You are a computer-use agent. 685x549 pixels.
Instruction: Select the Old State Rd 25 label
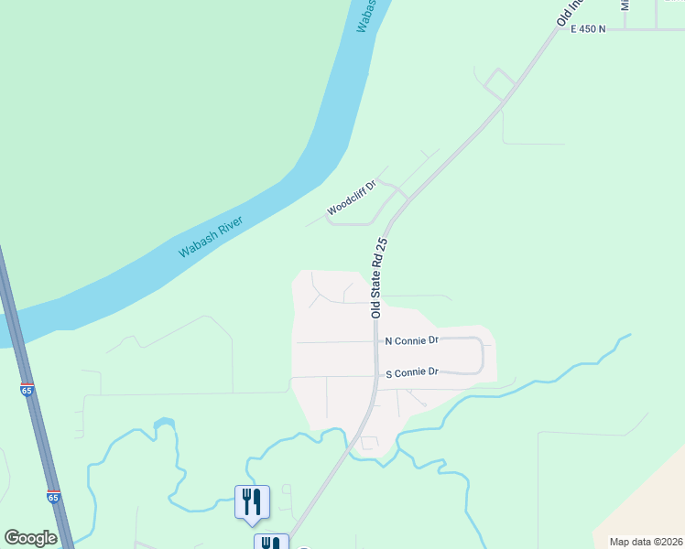[381, 278]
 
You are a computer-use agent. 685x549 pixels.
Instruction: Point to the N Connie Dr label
[412, 340]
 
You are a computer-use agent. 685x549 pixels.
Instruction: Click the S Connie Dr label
[412, 372]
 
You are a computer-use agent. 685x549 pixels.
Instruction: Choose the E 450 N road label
[588, 29]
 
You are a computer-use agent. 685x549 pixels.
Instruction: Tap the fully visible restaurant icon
[252, 502]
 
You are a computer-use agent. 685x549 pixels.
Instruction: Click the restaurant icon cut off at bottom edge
[271, 542]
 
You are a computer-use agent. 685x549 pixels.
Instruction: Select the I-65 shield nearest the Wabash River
[27, 390]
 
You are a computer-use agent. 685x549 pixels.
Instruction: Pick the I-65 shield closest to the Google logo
[53, 497]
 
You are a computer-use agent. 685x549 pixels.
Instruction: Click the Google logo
[30, 538]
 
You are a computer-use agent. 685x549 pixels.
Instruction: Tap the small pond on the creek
[164, 424]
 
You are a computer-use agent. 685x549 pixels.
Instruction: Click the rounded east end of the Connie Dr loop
[481, 355]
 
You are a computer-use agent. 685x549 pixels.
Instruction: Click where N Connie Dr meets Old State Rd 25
[376, 341]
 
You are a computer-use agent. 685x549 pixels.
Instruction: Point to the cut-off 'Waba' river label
[364, 16]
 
